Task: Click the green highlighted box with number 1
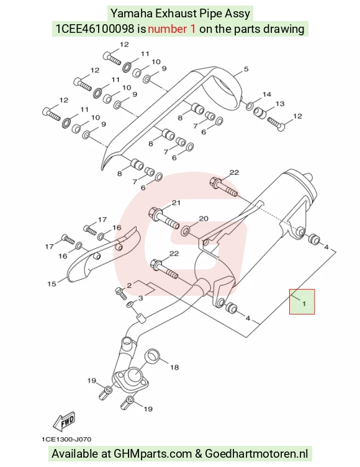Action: click(x=302, y=301)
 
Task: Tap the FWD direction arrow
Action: click(x=64, y=422)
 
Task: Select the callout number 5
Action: click(x=246, y=69)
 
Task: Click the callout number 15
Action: click(x=52, y=284)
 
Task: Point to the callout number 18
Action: click(x=174, y=367)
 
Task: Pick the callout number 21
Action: click(x=176, y=203)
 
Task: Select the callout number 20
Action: click(x=204, y=219)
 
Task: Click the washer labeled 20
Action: click(x=186, y=230)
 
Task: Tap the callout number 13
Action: click(x=280, y=104)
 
